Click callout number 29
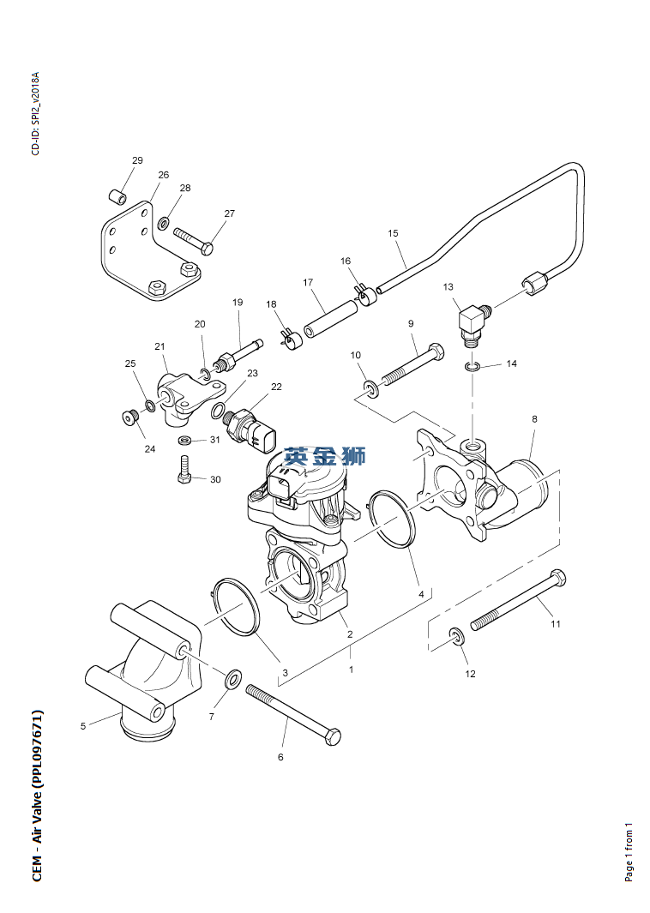click(x=137, y=160)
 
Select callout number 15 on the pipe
click(x=393, y=232)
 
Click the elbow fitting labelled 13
click(x=471, y=322)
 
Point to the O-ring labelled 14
click(x=472, y=367)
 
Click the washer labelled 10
click(x=370, y=390)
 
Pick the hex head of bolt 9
click(x=436, y=351)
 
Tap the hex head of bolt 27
click(x=206, y=249)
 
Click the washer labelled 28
click(x=162, y=225)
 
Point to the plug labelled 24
click(x=130, y=418)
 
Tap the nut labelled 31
click(x=185, y=441)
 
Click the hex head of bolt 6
click(x=332, y=736)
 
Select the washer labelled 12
click(x=455, y=637)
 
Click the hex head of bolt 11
click(x=557, y=577)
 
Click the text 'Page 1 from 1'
click(x=629, y=851)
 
